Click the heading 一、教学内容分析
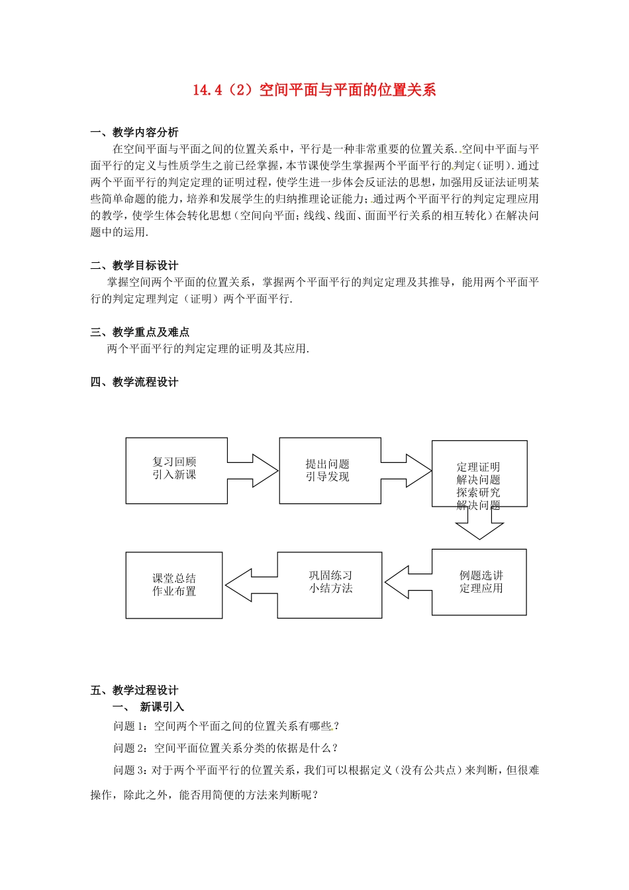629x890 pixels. [134, 132]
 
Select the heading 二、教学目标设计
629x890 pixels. [134, 266]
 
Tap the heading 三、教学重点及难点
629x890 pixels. [140, 332]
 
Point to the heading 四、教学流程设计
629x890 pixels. [134, 382]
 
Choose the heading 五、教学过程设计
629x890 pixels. [134, 690]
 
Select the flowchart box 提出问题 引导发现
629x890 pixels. [329, 470]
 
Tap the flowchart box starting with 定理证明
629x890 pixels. [479, 474]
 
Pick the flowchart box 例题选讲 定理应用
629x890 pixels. [480, 582]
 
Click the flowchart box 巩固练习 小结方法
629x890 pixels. [330, 585]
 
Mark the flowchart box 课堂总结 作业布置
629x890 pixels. [174, 585]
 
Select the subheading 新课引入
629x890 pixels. [162, 707]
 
